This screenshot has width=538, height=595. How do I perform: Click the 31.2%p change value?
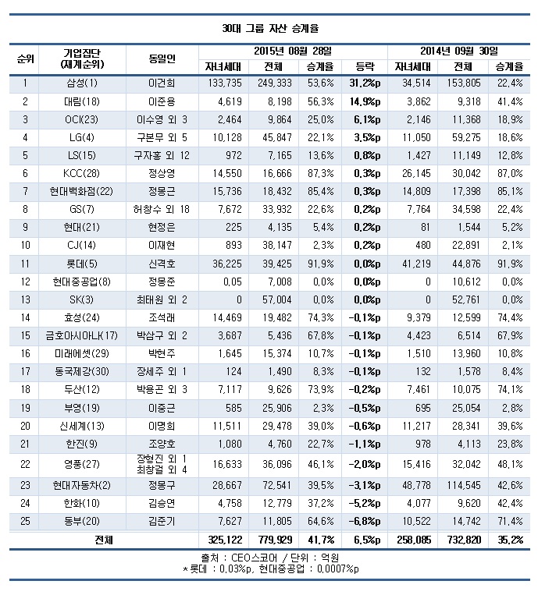(x=364, y=83)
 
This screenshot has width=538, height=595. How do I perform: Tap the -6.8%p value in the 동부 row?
(x=364, y=522)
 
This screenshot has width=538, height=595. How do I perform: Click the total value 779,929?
(x=273, y=540)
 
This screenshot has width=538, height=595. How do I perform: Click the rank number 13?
(x=25, y=299)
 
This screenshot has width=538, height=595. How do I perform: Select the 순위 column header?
(x=25, y=58)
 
